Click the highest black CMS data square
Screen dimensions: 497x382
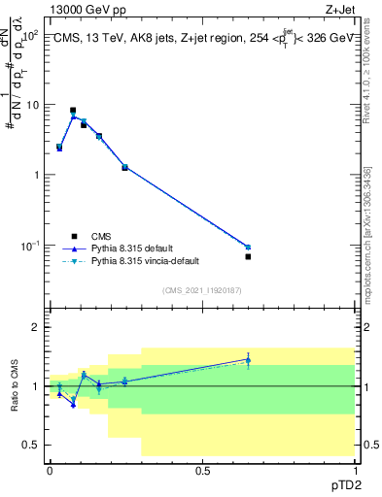click(x=73, y=111)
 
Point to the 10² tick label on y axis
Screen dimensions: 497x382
click(x=30, y=35)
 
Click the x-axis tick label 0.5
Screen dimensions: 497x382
click(x=202, y=470)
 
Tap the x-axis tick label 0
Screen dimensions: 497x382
click(x=50, y=470)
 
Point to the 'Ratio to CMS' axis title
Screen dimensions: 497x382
click(x=16, y=401)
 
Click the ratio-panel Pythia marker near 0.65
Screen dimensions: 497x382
click(x=248, y=360)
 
